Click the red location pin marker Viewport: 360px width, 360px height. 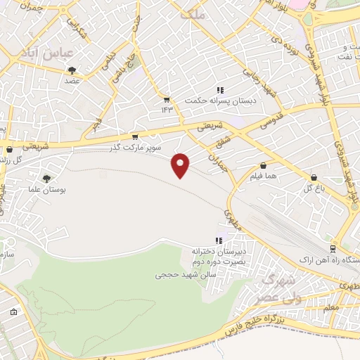tap(181, 165)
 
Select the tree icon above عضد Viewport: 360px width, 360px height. tap(72, 70)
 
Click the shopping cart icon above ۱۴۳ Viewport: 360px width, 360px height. tap(167, 99)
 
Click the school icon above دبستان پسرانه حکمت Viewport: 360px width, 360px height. tap(219, 90)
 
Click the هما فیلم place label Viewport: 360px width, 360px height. tap(262, 176)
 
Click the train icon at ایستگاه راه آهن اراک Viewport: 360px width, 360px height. tap(333, 250)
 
